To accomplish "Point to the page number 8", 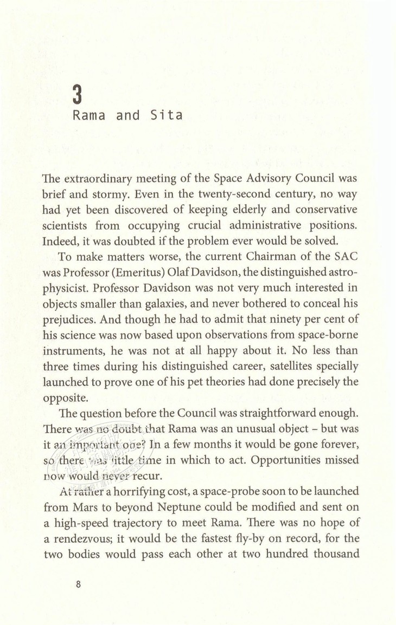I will pyautogui.click(x=79, y=583).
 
